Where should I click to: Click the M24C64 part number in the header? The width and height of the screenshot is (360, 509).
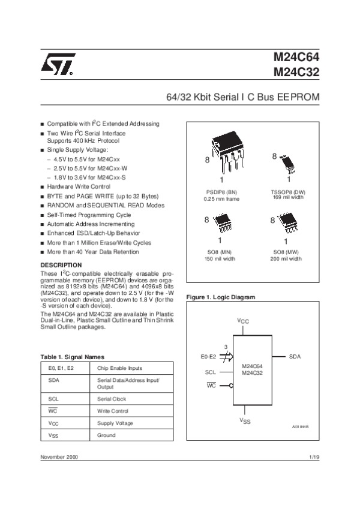click(296, 59)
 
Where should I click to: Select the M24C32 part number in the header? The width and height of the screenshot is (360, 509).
click(296, 74)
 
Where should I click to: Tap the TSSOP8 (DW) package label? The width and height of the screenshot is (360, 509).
click(289, 192)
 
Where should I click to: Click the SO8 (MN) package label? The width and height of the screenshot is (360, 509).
click(220, 252)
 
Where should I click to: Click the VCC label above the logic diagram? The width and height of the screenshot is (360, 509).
click(243, 321)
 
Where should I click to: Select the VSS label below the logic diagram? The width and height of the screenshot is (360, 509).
click(245, 421)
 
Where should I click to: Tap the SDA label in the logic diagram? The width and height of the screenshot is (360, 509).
click(295, 357)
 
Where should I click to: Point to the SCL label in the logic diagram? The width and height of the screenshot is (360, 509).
click(209, 372)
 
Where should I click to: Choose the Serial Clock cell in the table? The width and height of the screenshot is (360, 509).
click(112, 399)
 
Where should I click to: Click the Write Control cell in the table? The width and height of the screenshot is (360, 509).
click(113, 411)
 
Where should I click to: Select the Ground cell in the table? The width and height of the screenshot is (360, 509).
click(106, 435)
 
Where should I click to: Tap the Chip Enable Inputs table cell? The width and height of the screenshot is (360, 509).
click(119, 368)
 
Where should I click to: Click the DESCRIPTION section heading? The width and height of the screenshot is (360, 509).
click(61, 264)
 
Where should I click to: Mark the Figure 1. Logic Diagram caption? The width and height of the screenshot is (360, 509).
click(220, 297)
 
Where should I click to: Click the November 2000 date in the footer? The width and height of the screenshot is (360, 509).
click(59, 457)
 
